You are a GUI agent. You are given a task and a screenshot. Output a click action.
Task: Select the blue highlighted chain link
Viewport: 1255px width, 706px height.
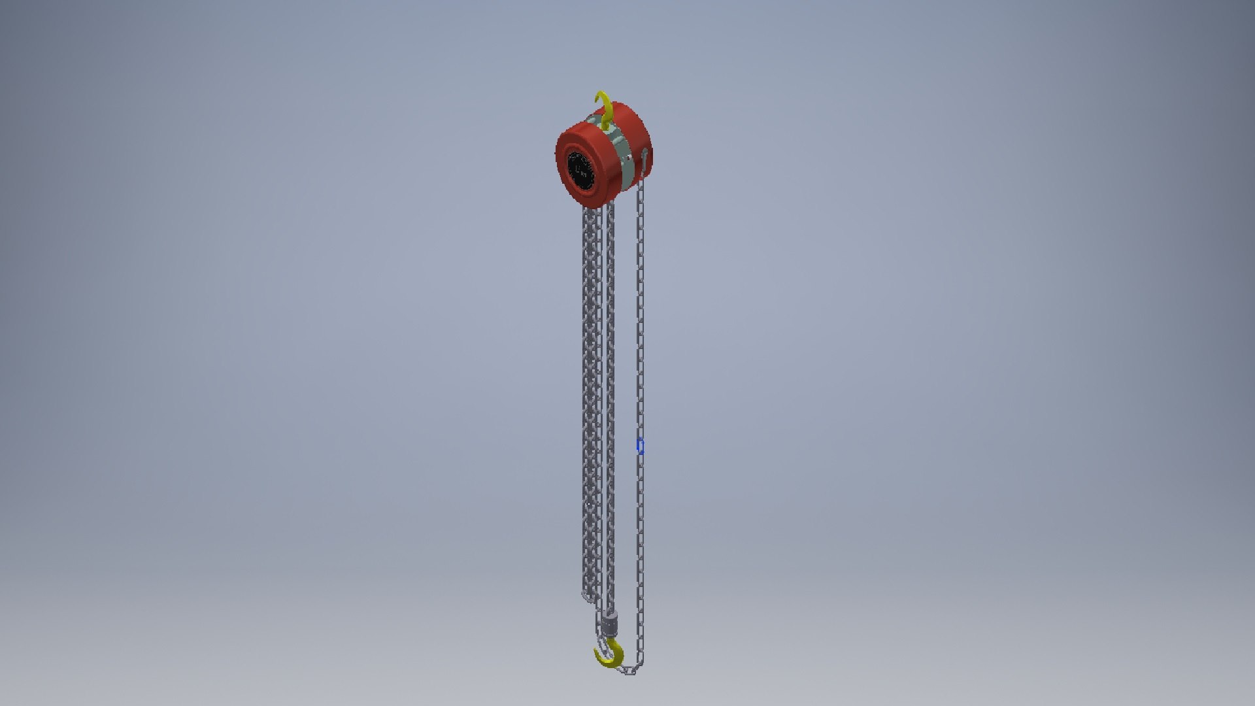pyautogui.click(x=641, y=446)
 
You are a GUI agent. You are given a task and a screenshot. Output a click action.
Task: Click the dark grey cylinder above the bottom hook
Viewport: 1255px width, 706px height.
pyautogui.click(x=610, y=624)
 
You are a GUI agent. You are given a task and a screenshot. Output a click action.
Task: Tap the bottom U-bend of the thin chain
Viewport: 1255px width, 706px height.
pyautogui.click(x=629, y=671)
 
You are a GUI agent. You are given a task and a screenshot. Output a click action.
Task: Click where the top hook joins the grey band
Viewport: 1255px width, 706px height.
pyautogui.click(x=606, y=127)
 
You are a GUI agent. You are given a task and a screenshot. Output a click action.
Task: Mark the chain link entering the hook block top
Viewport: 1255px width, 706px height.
pyautogui.click(x=611, y=611)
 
